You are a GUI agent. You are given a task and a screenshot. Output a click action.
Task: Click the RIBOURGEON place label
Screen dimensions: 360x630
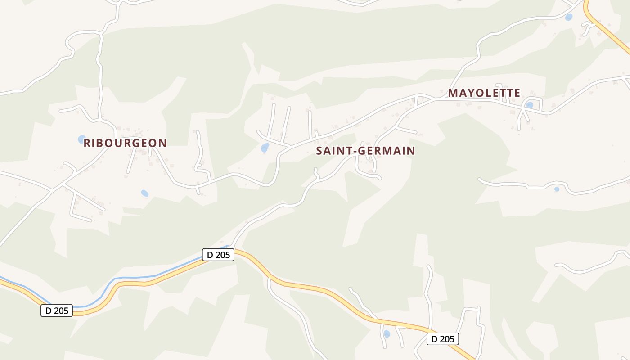click(x=125, y=143)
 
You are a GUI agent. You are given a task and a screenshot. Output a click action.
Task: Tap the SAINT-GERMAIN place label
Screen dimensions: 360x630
click(x=365, y=151)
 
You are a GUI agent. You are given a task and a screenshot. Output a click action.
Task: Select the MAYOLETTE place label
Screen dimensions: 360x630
click(x=484, y=93)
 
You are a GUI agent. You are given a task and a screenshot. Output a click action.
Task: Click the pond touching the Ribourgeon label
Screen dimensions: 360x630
click(x=82, y=139)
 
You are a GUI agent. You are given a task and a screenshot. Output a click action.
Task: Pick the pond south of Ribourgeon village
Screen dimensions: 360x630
click(x=144, y=193)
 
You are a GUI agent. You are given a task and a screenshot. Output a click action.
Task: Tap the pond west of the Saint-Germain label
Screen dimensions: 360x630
click(x=265, y=148)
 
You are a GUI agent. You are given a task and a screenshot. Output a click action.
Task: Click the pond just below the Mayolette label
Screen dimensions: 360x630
click(x=530, y=105)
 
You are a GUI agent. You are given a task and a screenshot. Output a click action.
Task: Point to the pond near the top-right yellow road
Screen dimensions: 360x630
click(x=569, y=17)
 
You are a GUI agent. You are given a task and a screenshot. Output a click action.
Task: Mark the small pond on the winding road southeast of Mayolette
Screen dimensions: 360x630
click(x=557, y=189)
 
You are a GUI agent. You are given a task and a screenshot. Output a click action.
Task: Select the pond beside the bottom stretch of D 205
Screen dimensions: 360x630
click(x=387, y=334)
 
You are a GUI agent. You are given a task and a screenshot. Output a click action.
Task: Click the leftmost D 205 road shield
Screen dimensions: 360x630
click(x=57, y=310)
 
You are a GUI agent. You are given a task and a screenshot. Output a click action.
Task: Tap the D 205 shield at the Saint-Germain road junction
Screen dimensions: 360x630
click(x=218, y=255)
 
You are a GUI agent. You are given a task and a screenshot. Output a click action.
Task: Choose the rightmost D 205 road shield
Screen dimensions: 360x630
click(x=443, y=339)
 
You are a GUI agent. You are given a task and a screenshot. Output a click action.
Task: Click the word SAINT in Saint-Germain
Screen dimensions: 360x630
click(x=332, y=151)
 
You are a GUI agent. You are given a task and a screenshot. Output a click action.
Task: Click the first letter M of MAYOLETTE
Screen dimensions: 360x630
click(x=453, y=93)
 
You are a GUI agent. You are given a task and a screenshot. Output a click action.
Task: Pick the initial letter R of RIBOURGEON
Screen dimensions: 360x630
click(x=87, y=143)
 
